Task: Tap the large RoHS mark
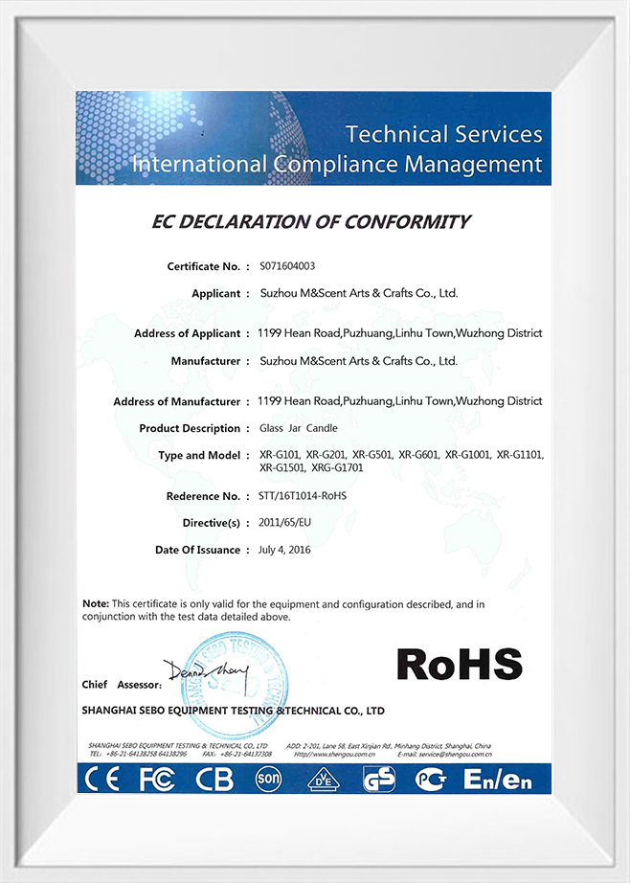pos(459,664)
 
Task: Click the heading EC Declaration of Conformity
pos(311,222)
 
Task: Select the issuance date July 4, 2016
pos(284,550)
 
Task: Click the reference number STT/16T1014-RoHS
pos(304,496)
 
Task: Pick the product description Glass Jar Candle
pos(299,428)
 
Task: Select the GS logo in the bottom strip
pos(379,780)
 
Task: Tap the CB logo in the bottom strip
pos(214,780)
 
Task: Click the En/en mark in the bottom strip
pos(497,780)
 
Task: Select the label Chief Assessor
pos(112,685)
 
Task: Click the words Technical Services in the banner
pos(443,133)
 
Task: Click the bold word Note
pos(95,604)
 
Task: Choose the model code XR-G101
pos(280,455)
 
